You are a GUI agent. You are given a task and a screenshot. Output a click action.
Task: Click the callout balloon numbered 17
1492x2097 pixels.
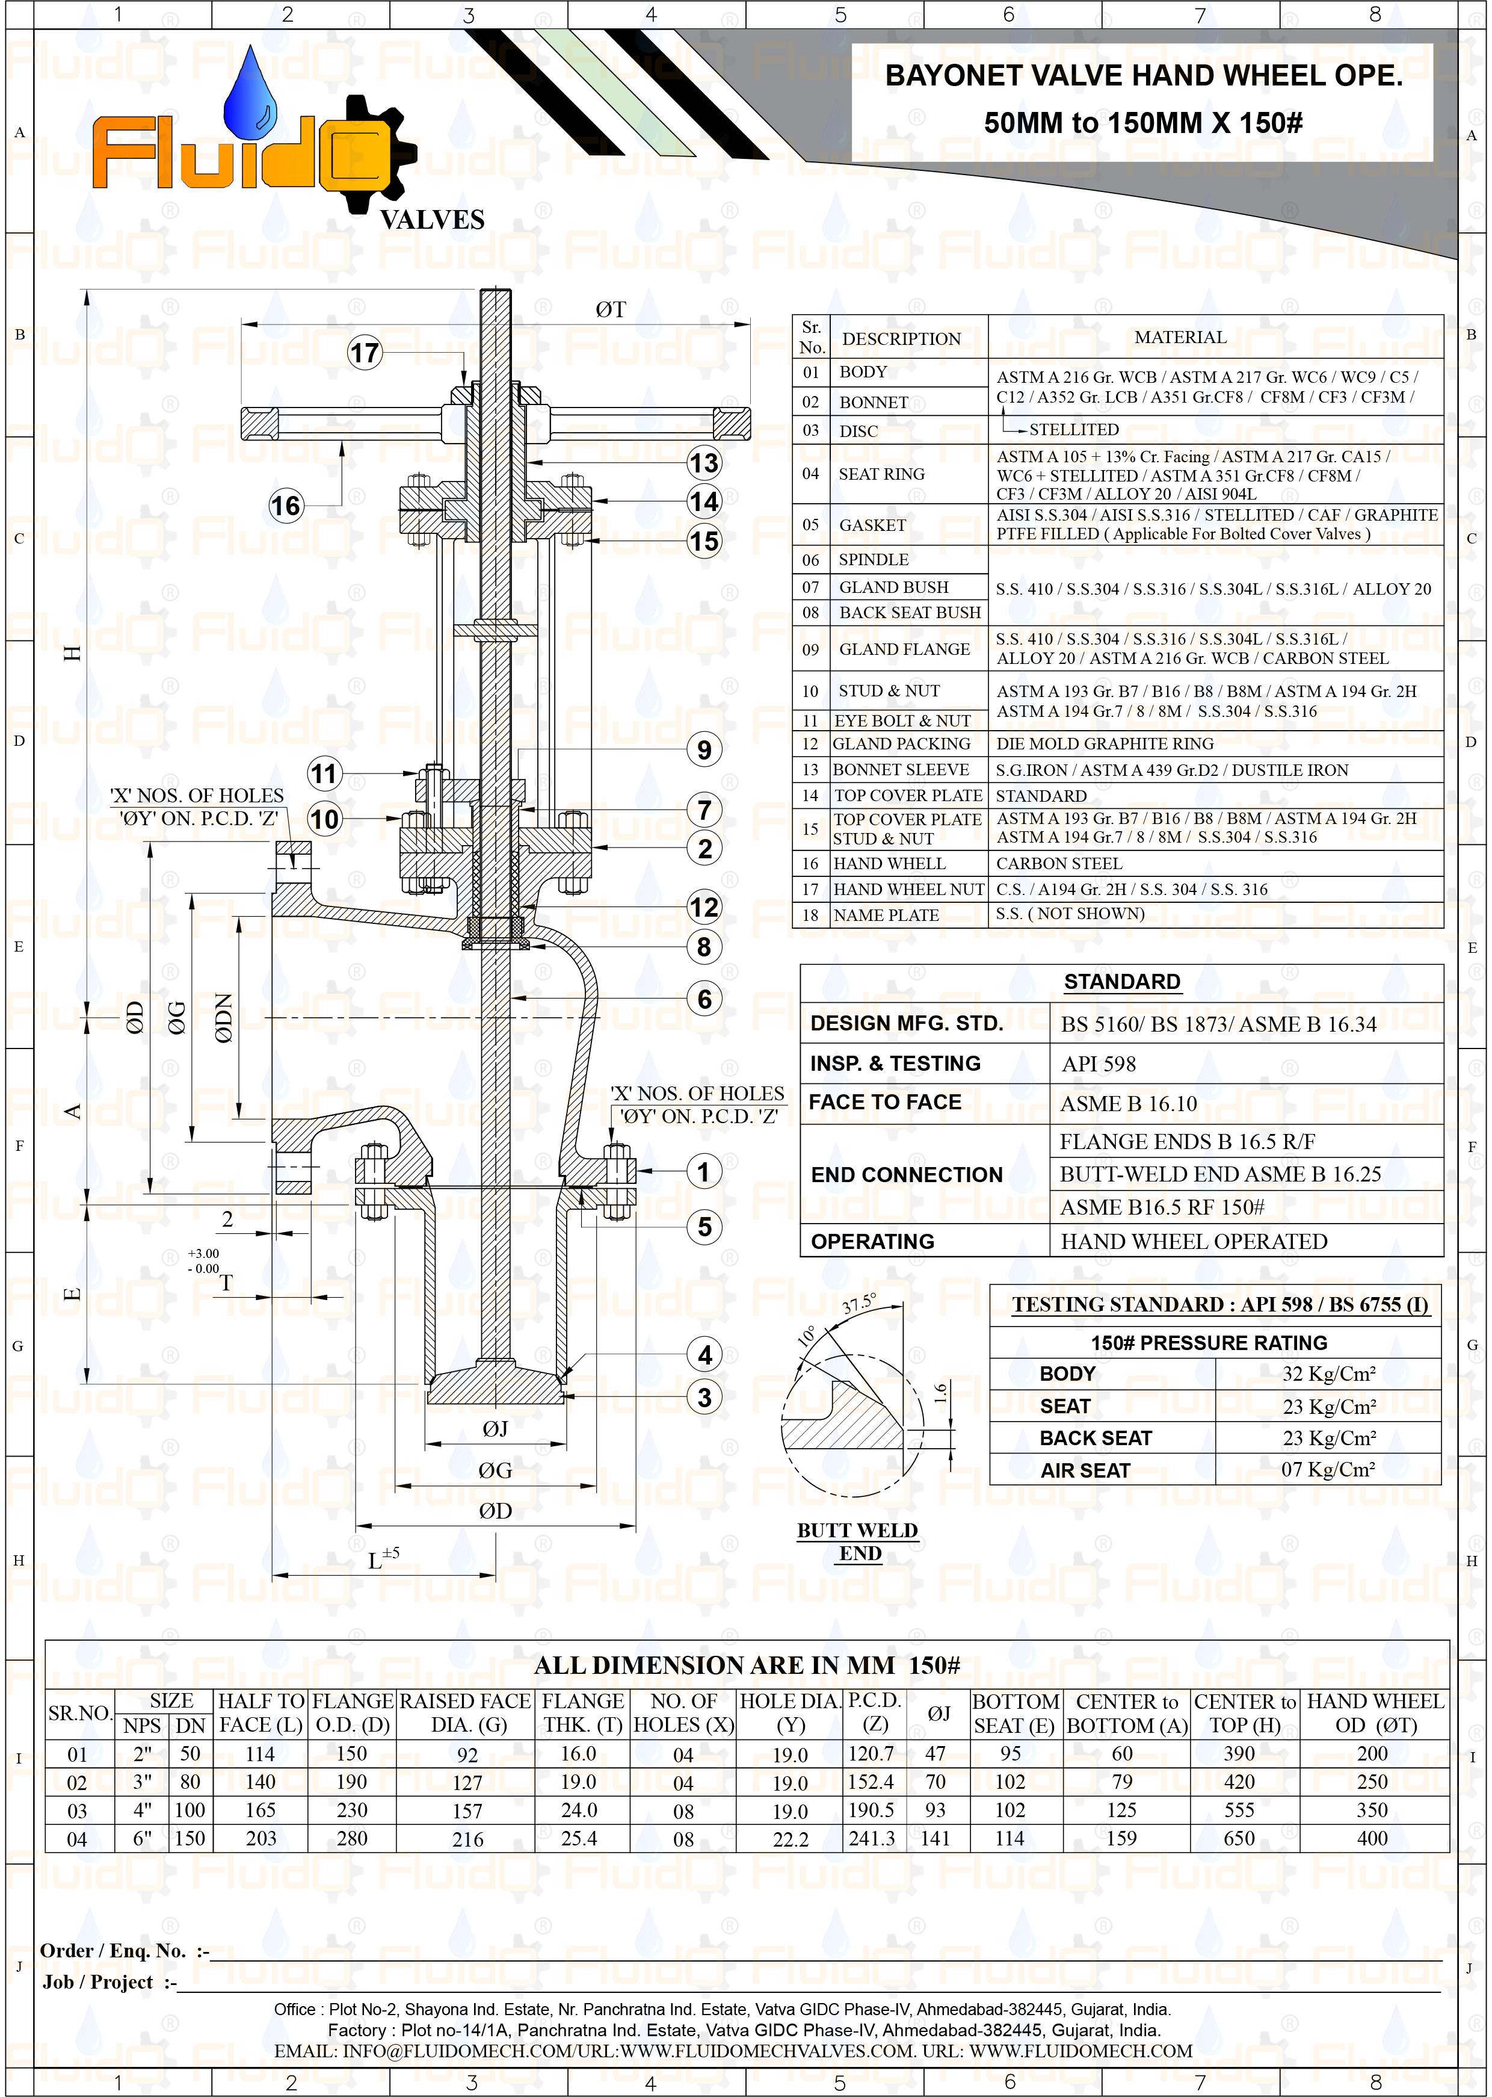pos(365,353)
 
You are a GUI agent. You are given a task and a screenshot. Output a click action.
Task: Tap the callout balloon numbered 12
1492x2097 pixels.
pos(704,908)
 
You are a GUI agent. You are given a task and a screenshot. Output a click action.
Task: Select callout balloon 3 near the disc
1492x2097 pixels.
pos(704,1398)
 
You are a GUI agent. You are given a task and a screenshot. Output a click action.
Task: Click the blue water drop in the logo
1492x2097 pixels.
pos(251,96)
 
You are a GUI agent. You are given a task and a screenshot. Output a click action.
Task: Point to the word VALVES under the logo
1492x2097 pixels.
pos(432,220)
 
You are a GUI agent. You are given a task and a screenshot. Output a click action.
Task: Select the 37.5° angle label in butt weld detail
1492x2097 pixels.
pos(860,1303)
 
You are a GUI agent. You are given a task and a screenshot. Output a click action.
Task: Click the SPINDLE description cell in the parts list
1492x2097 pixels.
pos(873,560)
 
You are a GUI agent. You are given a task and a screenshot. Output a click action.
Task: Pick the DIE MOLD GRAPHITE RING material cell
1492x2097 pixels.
pos(1105,743)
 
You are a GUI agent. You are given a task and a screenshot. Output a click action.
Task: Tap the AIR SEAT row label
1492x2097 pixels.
pos(1085,1470)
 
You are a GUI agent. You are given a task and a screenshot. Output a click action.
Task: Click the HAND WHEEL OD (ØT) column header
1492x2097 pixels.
pos(1375,1713)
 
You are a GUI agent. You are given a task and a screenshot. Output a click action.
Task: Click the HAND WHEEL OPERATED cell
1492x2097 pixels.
pos(1194,1242)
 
